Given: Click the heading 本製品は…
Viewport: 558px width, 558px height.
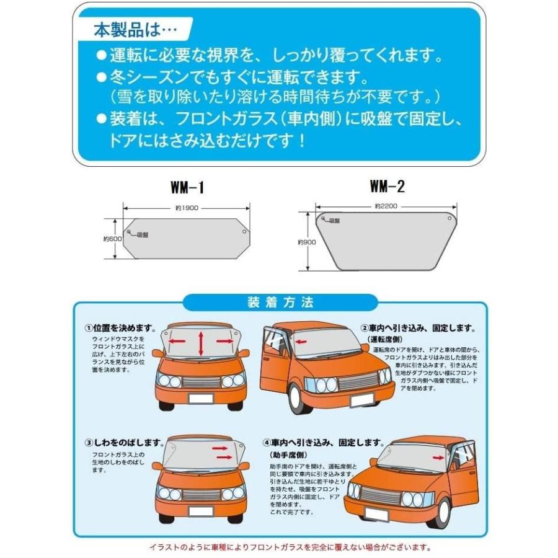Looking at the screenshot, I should tap(134, 29).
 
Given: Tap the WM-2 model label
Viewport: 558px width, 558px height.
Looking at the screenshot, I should tap(386, 186).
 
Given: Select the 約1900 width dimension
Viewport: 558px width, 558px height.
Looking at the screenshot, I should tap(187, 208).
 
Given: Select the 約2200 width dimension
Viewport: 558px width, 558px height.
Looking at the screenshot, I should tap(385, 205).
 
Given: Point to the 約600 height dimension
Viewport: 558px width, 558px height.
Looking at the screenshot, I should tap(111, 239).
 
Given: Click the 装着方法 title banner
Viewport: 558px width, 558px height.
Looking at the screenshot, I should tap(280, 303).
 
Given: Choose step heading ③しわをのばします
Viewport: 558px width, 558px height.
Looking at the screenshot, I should tap(124, 444).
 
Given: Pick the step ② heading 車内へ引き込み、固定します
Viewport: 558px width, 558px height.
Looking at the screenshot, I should tap(418, 328).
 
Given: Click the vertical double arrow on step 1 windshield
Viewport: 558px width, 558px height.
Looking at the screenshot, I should tap(201, 343).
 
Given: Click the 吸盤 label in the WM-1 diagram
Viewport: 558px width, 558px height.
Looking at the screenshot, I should tap(143, 234).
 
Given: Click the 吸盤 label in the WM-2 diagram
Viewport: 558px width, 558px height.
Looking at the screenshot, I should tap(334, 221).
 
